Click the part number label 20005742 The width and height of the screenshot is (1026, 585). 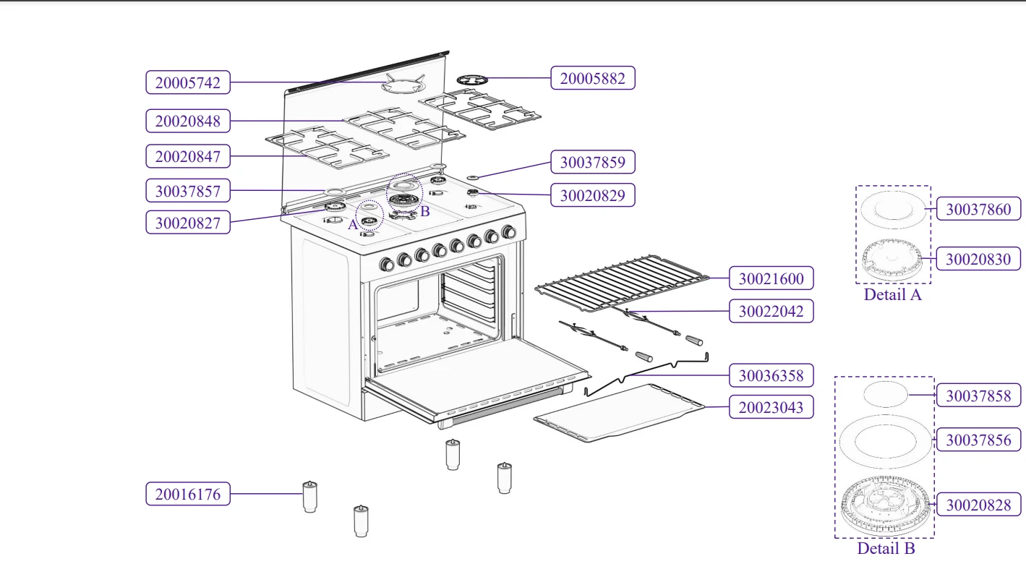tap(188, 82)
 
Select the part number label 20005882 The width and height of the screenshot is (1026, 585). tap(592, 78)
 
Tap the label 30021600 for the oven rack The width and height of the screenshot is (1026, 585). tap(771, 278)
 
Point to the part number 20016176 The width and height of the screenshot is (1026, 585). tap(188, 495)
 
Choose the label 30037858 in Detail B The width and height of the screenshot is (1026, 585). tap(978, 396)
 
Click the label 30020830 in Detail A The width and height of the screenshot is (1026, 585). tap(978, 259)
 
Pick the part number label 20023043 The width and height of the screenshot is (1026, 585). tap(771, 407)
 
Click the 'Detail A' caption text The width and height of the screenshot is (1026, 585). tap(892, 294)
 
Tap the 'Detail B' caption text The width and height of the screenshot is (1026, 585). tap(886, 548)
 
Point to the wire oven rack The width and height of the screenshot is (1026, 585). tap(622, 282)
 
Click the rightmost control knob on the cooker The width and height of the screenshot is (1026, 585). tap(509, 232)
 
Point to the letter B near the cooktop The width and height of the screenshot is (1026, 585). tap(425, 211)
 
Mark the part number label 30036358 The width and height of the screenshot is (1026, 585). tap(771, 376)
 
